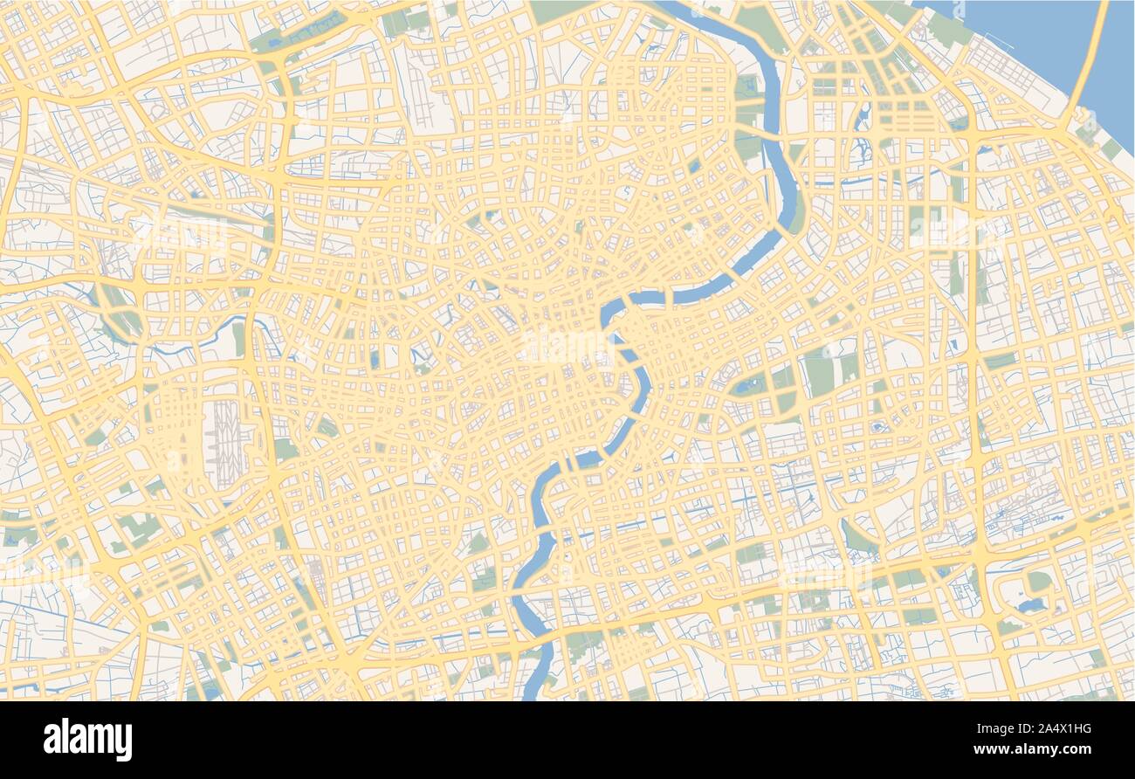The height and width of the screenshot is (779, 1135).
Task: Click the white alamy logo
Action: click(x=87, y=739)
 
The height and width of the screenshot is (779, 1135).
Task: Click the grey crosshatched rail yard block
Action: click(x=224, y=432)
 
